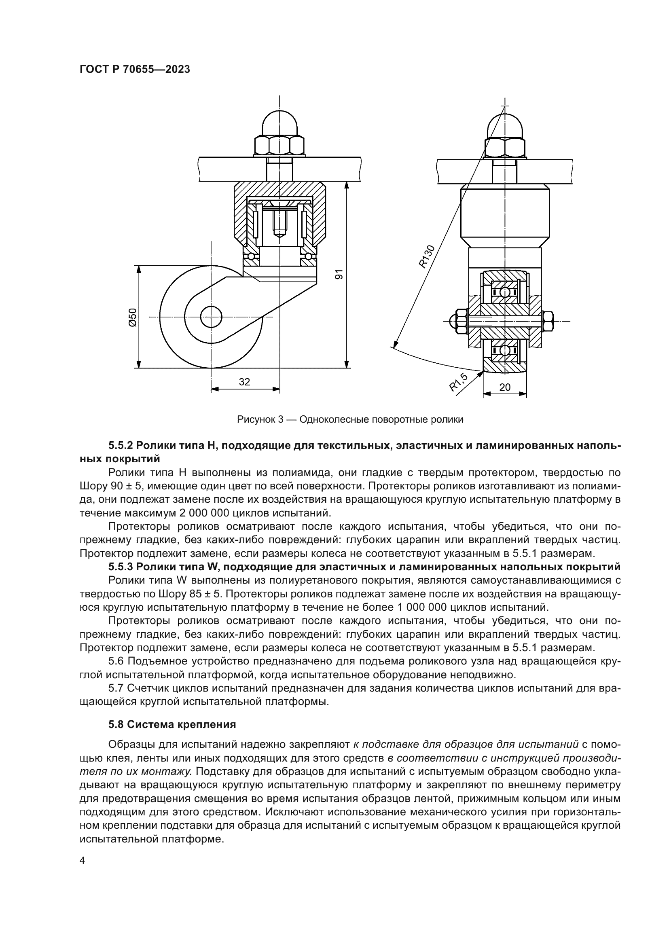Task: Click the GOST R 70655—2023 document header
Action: point(135,69)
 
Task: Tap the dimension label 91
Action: point(338,275)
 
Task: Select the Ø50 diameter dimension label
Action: point(132,317)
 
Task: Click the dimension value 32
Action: point(244,382)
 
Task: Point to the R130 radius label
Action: point(427,256)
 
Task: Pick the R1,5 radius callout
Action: point(458,382)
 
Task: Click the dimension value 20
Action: point(505,387)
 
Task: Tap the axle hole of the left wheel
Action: point(211,317)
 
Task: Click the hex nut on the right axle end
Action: point(548,321)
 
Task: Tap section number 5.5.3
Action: point(121,567)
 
